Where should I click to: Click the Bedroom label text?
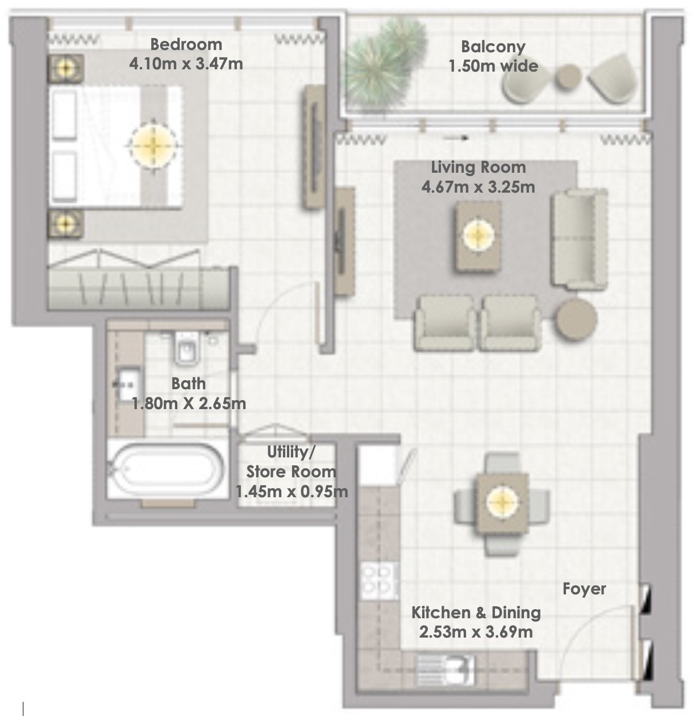[x=186, y=44]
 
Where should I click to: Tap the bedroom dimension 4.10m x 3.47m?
[x=186, y=64]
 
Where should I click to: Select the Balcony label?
[x=493, y=47]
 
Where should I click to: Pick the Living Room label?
[x=478, y=168]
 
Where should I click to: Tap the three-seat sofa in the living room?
[x=579, y=239]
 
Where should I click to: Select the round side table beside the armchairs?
[x=576, y=319]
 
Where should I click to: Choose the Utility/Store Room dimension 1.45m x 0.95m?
[x=292, y=492]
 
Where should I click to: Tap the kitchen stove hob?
[x=380, y=582]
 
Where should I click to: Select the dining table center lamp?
[x=502, y=502]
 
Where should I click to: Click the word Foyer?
[x=584, y=589]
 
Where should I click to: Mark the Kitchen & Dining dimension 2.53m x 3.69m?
[x=476, y=632]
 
